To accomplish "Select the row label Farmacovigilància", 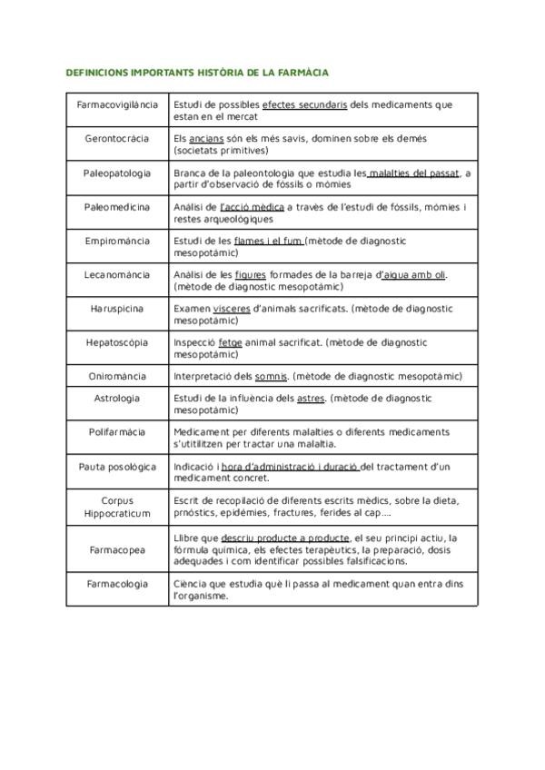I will click(117, 105).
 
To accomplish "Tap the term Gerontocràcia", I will click(117, 139).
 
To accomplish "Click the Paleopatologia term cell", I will click(117, 173).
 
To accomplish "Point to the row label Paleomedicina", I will click(117, 207).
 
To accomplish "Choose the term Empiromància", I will click(117, 241).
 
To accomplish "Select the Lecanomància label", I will click(117, 274).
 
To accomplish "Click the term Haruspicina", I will click(117, 309).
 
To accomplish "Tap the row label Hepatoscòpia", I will click(117, 342).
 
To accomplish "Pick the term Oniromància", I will click(117, 376).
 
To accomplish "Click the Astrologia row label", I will click(117, 398).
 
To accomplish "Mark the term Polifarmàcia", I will click(117, 432).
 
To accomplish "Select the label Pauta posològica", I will click(117, 467).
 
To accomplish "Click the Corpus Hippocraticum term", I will click(117, 506).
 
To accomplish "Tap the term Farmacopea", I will click(117, 549).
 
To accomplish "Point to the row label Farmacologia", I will click(117, 584).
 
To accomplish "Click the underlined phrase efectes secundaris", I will click(304, 105).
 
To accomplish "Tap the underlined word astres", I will click(311, 398).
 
